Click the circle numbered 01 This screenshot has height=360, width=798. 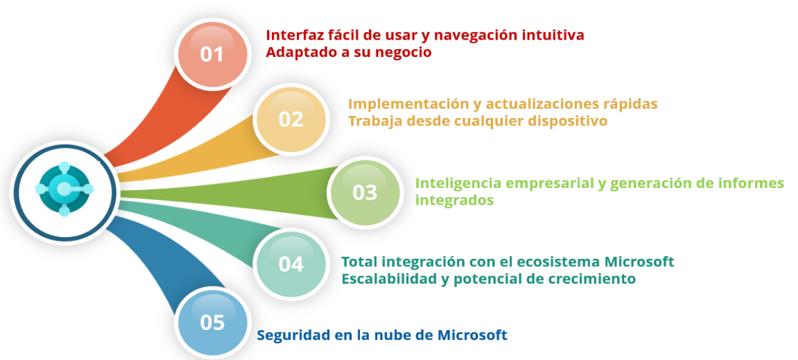(x=213, y=54)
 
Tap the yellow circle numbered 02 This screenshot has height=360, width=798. (x=291, y=119)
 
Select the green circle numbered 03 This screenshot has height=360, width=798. (x=365, y=192)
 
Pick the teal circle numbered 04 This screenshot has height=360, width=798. (x=291, y=264)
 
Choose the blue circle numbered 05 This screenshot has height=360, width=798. (x=213, y=323)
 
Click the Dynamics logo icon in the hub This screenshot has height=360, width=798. (x=64, y=189)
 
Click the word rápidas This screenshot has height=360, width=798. (x=630, y=104)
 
